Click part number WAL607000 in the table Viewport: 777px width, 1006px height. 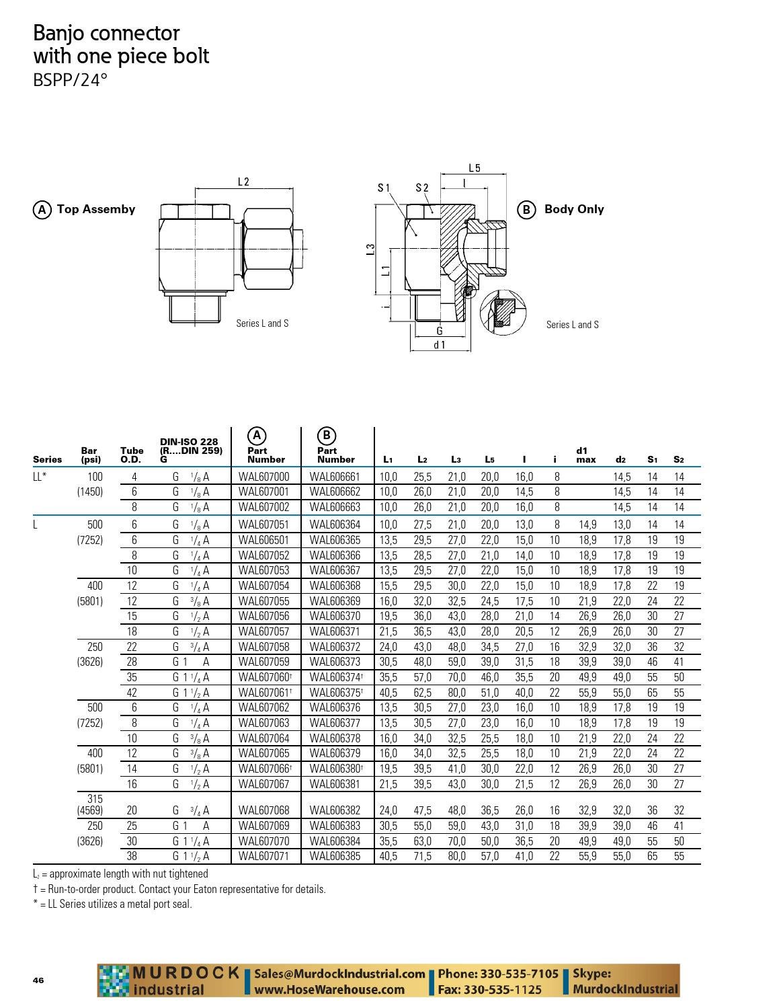(x=263, y=477)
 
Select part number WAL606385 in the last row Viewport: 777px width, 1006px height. (x=335, y=856)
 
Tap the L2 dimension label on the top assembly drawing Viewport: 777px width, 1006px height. (x=243, y=182)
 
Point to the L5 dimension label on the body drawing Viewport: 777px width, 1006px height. (x=475, y=168)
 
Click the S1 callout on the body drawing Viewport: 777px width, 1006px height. (x=384, y=188)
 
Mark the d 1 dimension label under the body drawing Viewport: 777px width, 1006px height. (x=440, y=345)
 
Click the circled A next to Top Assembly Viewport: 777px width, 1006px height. (x=42, y=210)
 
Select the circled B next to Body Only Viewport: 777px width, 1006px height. (x=526, y=210)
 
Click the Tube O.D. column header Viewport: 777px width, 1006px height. (x=132, y=455)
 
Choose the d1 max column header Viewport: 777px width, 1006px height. (x=585, y=455)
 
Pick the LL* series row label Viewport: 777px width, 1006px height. (x=41, y=477)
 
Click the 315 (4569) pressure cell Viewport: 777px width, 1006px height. (x=95, y=804)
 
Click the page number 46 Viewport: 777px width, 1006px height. (x=38, y=980)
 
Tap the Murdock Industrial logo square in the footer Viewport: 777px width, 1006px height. (x=114, y=980)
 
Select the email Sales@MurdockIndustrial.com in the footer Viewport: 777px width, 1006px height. (x=339, y=974)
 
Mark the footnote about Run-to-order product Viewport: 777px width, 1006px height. (x=179, y=889)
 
